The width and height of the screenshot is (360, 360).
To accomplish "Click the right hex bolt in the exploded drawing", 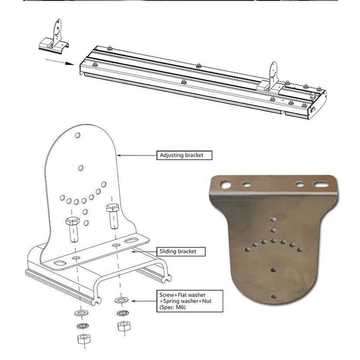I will coord(112,216).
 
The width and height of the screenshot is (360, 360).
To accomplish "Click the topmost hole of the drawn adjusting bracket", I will coord(79,135).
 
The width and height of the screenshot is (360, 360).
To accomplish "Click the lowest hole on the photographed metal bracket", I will coord(274,296).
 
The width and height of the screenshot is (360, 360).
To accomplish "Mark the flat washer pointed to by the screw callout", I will coord(121,301).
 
